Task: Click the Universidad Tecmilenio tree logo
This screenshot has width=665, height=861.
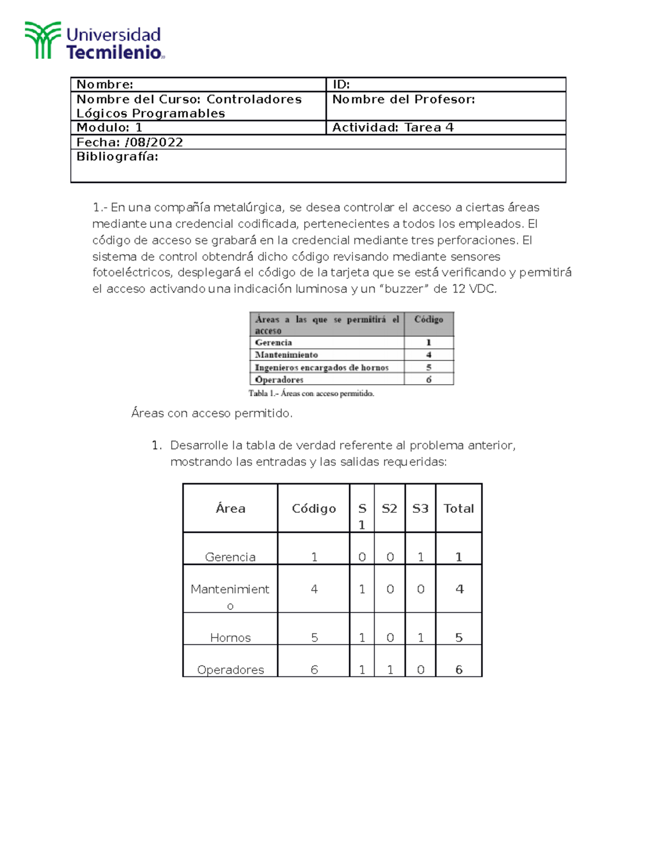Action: [42, 40]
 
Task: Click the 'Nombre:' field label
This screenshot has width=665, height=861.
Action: [105, 84]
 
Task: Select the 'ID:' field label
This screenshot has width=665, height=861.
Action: [341, 84]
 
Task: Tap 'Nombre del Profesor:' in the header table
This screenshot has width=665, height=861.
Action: [403, 99]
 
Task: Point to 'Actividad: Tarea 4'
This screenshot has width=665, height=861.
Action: [392, 128]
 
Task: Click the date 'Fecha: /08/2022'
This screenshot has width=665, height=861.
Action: [130, 142]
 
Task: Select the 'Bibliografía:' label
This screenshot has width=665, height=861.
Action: [117, 157]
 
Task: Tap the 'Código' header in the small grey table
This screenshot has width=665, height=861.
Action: [428, 319]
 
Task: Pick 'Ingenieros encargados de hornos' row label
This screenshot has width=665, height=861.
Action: [321, 368]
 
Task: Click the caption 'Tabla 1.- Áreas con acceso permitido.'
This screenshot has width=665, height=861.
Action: [311, 394]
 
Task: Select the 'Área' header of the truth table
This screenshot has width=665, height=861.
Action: [230, 508]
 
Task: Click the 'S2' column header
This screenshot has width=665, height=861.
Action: [389, 508]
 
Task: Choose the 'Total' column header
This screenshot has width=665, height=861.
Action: [458, 508]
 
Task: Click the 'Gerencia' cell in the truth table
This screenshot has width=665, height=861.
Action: [230, 557]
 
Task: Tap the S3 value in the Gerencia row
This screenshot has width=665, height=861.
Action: [420, 557]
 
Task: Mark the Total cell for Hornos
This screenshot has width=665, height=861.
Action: [458, 638]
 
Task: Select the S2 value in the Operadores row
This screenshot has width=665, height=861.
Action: [390, 670]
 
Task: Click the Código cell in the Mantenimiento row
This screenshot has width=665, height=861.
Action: [314, 589]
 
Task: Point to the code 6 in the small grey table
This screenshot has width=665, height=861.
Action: [428, 380]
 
